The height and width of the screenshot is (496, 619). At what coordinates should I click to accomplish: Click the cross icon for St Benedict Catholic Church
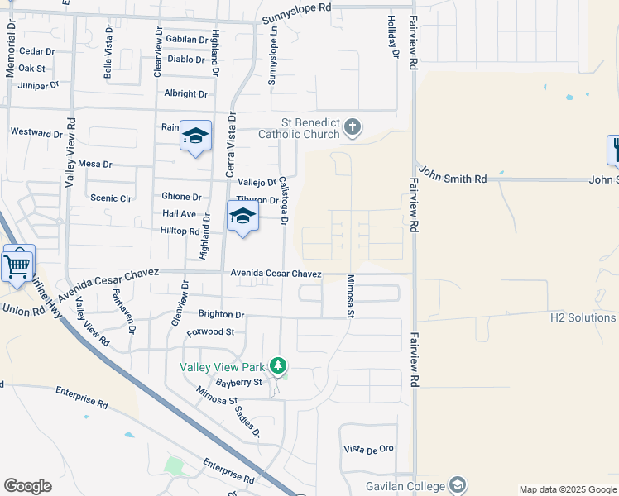click(353, 127)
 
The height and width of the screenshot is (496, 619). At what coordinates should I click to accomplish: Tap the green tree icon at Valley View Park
click(279, 365)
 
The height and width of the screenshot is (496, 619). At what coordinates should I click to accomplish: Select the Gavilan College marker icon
click(458, 486)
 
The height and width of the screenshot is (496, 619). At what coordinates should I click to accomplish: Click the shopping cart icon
click(17, 265)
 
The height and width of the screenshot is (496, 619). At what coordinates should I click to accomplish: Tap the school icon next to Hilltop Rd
click(242, 217)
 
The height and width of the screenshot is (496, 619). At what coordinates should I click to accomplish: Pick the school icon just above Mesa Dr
click(195, 136)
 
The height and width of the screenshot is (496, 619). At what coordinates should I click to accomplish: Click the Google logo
click(27, 486)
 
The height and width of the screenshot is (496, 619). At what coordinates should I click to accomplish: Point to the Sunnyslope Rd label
click(296, 7)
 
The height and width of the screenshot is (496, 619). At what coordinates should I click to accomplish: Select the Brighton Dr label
click(221, 314)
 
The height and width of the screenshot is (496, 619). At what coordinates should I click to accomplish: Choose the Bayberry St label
click(238, 383)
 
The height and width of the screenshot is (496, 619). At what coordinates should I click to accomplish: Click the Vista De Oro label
click(368, 449)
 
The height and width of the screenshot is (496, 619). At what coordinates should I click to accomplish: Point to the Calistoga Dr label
click(283, 201)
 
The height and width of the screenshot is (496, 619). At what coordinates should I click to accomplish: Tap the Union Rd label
click(18, 309)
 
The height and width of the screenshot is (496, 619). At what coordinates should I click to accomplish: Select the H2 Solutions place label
click(583, 317)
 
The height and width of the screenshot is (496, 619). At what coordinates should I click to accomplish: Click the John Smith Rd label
click(452, 175)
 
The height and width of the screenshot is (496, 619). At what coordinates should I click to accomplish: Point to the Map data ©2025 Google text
click(567, 489)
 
